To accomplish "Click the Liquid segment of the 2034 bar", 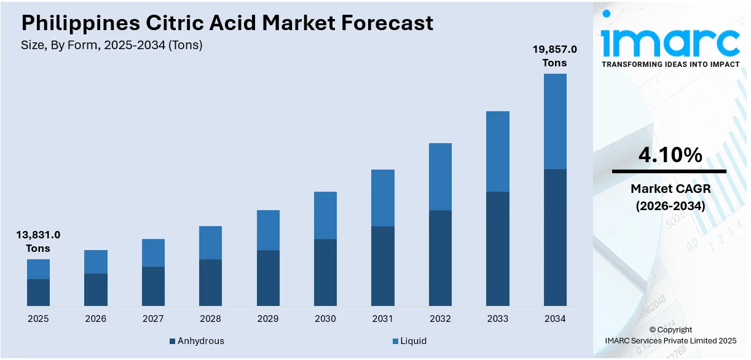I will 555,121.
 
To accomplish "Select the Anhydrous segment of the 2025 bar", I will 38,292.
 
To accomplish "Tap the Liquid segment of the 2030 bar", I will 325,215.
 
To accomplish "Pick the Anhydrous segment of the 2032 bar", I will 440,258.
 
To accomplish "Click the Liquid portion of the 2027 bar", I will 153,252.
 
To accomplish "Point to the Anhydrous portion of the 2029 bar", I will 268,278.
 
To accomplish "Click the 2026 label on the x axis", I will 95,319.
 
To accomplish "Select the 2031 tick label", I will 383,319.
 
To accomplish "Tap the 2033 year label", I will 498,319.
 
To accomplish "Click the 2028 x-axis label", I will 210,319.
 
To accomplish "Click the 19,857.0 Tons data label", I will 554,56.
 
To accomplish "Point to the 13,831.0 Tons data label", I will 38,241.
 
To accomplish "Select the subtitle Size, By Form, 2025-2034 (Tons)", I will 112,45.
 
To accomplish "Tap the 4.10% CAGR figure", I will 670,155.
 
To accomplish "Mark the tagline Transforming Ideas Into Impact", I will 670,64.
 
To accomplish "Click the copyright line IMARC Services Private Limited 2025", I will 670,340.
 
